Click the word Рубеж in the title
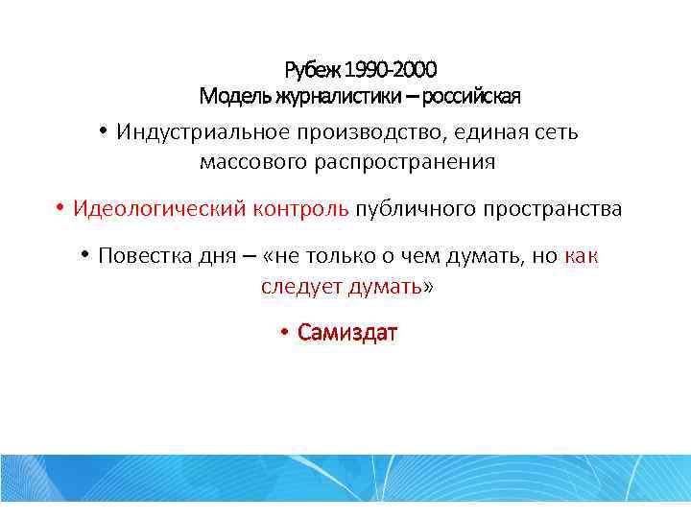[x=312, y=70]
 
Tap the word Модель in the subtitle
[x=234, y=97]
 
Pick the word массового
[x=252, y=162]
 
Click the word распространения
[x=404, y=162]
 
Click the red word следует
[x=300, y=287]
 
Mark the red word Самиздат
[x=347, y=333]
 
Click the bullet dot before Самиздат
[x=284, y=333]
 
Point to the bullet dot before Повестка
[x=84, y=256]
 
